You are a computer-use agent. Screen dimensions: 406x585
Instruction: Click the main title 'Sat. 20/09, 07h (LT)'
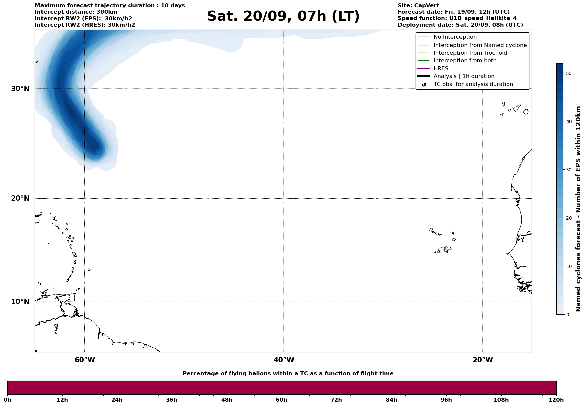[x=283, y=16]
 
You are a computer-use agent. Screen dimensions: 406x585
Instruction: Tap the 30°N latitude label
[x=20, y=89]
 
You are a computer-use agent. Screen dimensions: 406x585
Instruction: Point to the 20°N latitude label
[x=20, y=198]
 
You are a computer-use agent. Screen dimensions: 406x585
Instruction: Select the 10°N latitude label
[x=20, y=302]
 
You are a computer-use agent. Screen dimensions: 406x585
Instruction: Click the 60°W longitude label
[x=85, y=360]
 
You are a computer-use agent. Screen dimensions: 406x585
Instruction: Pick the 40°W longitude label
[x=284, y=360]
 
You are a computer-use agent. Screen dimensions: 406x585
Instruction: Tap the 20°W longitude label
[x=483, y=360]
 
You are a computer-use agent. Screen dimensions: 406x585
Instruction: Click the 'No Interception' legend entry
[x=455, y=37]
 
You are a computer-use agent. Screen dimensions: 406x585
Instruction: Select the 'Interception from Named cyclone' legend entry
[x=480, y=45]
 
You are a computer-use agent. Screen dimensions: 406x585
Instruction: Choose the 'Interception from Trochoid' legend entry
[x=470, y=53]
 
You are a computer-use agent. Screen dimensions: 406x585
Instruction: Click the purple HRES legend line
[x=424, y=68]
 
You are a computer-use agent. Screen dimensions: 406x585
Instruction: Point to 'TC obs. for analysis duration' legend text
[x=473, y=84]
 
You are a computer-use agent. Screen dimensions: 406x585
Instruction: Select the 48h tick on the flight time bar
[x=227, y=400]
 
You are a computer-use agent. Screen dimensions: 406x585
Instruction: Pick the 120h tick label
[x=556, y=400]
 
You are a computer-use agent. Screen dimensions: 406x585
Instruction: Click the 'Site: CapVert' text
[x=418, y=6]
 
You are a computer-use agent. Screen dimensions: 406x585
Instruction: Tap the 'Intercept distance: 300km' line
[x=76, y=12]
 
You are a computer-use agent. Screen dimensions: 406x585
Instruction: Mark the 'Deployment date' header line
[x=460, y=25]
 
